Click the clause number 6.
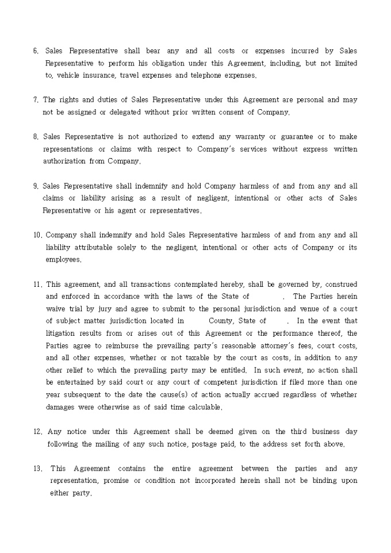coord(36,51)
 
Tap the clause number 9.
coord(36,186)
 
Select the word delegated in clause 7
coord(123,112)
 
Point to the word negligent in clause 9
coord(215,198)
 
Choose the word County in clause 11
coord(221,321)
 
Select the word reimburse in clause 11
coord(131,345)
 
